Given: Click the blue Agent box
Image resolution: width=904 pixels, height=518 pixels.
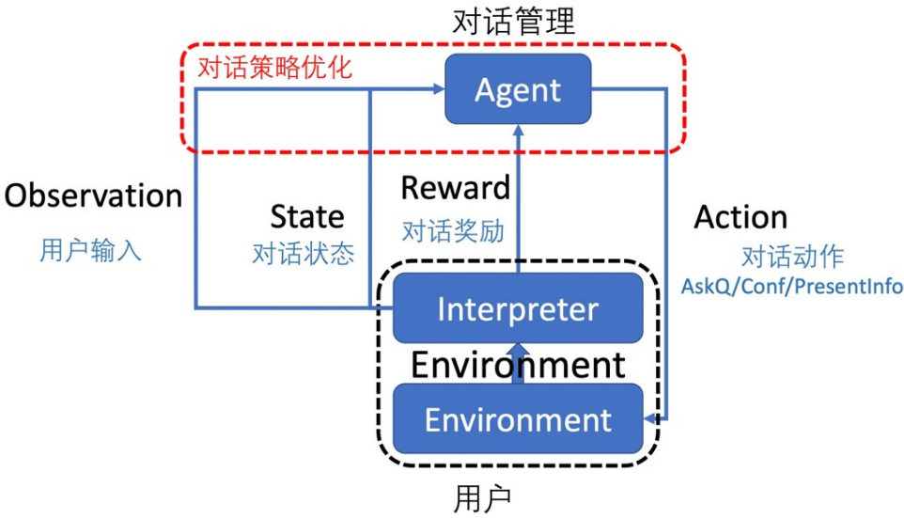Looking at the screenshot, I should coord(518,90).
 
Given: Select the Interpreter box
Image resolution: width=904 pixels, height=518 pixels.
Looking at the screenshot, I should coord(518,308).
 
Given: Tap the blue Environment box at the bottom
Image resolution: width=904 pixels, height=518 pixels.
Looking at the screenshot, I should coord(518,418).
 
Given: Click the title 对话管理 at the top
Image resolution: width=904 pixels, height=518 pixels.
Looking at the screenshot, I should coord(513,21).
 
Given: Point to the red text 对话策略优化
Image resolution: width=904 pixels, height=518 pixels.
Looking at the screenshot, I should coord(274,68).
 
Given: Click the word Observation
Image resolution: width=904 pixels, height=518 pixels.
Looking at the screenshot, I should coord(93,196).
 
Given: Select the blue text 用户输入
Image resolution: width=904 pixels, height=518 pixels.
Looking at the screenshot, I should coord(91,250).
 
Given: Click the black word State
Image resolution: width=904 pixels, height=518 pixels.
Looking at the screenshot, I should coord(307,217).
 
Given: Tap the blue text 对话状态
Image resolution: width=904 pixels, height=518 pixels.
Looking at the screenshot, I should coord(304,254).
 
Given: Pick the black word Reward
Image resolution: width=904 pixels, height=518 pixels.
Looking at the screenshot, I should coord(456,188).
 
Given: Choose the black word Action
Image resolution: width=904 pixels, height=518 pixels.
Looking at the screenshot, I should coord(740,217).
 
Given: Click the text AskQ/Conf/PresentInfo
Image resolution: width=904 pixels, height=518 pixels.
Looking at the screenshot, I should coord(792,286).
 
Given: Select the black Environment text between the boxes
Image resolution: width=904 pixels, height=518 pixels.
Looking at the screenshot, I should coord(518,364).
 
